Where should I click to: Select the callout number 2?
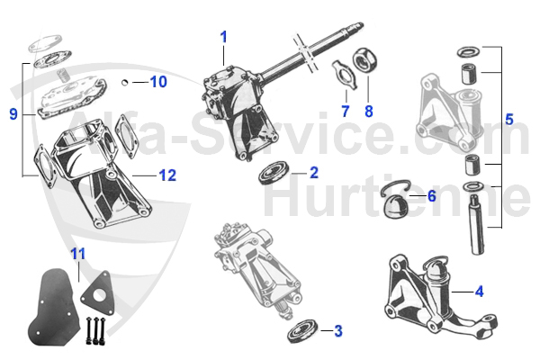pos(313,171)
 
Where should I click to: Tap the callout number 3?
pos(337,331)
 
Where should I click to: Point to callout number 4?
pos(479,291)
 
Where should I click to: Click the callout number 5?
pos(509,118)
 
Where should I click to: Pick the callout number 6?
pos(431,196)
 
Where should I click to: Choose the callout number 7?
pos(344,111)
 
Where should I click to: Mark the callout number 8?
pos(367,111)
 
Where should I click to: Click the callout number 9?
pos(13,113)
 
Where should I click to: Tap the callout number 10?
pos(157,82)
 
